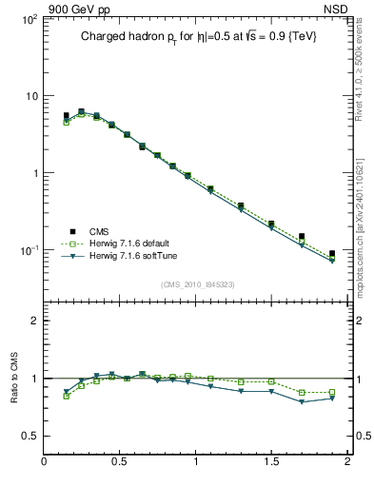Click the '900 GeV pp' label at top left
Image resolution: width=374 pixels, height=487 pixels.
click(71, 9)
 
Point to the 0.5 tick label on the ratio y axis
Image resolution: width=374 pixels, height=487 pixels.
click(30, 436)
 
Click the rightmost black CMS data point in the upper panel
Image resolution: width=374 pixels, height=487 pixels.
click(331, 254)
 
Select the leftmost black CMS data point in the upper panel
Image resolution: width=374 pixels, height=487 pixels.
click(66, 116)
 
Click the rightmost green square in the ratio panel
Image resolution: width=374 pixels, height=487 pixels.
click(331, 392)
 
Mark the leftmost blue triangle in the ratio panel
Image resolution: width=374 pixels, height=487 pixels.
click(66, 392)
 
